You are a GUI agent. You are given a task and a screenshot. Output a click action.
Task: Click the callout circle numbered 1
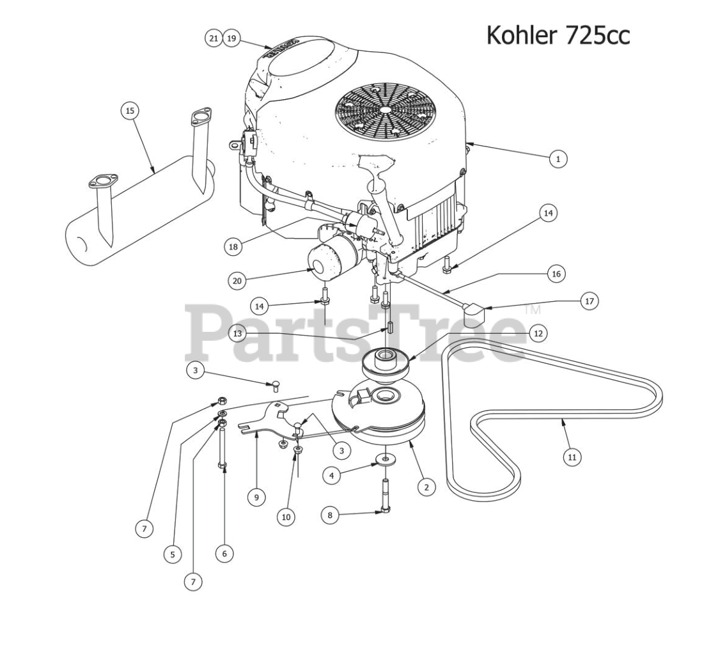tap(558, 158)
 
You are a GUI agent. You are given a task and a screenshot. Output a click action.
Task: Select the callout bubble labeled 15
tap(130, 111)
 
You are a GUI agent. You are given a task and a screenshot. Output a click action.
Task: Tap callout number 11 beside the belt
tap(572, 457)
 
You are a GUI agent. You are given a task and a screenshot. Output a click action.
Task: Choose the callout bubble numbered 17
tap(589, 301)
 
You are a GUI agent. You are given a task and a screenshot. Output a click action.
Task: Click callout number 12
tap(538, 333)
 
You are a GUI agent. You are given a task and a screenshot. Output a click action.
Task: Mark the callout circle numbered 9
tap(256, 497)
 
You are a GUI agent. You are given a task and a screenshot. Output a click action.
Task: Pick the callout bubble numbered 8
tap(330, 514)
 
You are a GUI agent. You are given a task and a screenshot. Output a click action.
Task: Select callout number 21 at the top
tap(214, 38)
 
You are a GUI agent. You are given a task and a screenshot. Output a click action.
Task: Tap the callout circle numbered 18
tap(234, 246)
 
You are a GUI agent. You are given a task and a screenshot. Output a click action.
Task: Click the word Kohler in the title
tap(522, 35)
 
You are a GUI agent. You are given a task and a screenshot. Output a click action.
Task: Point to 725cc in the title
tap(597, 35)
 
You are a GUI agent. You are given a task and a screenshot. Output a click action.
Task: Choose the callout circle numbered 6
tap(224, 553)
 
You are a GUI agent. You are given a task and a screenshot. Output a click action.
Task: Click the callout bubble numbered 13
tap(237, 333)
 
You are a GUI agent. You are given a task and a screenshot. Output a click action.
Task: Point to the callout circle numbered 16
tap(556, 274)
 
